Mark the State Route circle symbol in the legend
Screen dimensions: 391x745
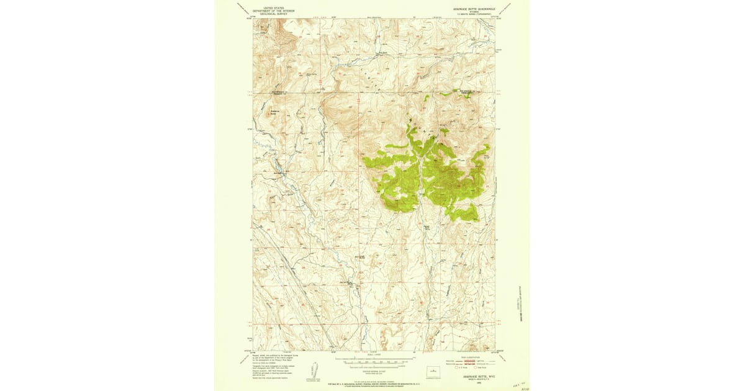(473, 367)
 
